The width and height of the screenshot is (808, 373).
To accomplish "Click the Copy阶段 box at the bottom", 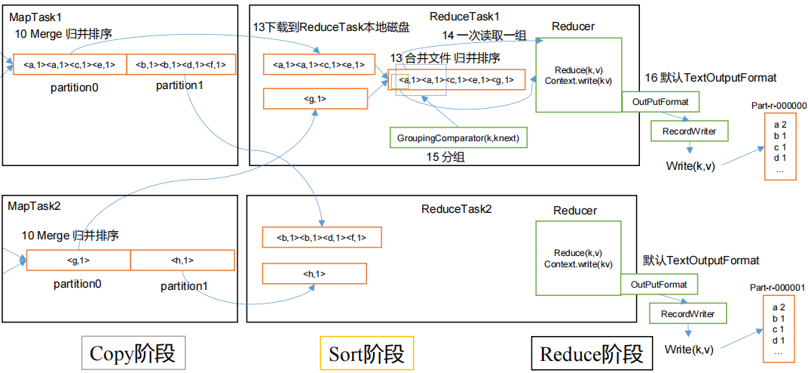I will click(133, 353).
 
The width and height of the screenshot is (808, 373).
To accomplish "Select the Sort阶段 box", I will click(366, 353).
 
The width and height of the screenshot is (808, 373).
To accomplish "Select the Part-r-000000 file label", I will click(779, 106).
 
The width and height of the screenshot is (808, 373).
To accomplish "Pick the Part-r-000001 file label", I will click(778, 288).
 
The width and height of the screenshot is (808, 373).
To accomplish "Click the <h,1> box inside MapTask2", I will click(182, 260).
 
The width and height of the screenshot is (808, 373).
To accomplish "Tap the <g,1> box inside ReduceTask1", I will click(314, 98).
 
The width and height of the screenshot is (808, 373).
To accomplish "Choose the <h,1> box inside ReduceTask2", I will click(314, 273).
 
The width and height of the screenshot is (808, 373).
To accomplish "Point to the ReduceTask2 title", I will click(456, 208).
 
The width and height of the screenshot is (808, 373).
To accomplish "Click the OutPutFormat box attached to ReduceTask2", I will click(659, 285).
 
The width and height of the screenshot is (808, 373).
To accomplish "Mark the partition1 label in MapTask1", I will click(179, 85).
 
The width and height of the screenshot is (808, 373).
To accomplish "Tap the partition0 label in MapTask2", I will click(77, 284).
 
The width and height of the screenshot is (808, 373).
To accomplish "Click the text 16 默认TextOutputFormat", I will click(710, 78).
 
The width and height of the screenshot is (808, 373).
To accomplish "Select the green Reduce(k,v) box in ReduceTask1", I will click(578, 75).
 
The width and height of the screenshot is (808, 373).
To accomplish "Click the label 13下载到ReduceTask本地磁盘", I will click(331, 27).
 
